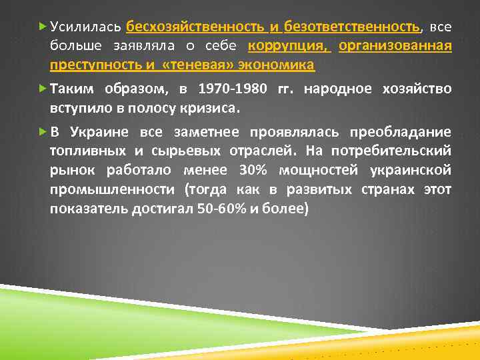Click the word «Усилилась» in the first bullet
pyautogui.click(x=85, y=27)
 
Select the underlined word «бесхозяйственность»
pyautogui.click(x=196, y=27)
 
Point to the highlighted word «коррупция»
pyautogui.click(x=289, y=47)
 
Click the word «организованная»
pyautogui.click(x=395, y=47)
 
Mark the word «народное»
pyautogui.click(x=335, y=89)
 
